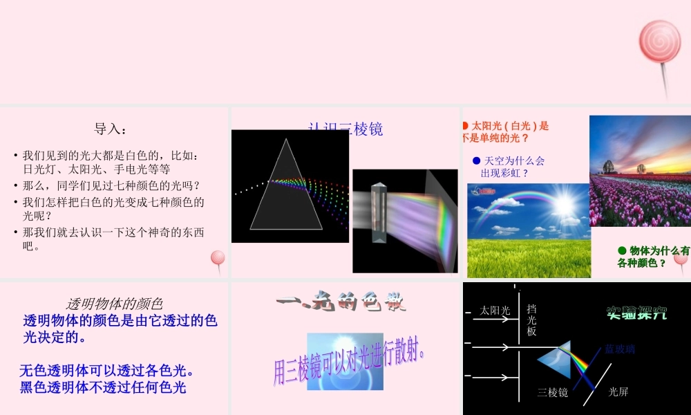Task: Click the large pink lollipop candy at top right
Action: pos(659,40)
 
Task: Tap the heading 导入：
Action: pos(111,129)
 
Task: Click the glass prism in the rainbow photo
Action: pos(377,211)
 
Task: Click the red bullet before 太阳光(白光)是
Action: pos(465,126)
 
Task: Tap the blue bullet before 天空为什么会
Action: pos(476,161)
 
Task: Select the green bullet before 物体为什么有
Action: pos(621,251)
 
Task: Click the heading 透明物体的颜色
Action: pos(114,303)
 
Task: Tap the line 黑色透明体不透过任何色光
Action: pos(104,387)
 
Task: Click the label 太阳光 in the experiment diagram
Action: pos(495,311)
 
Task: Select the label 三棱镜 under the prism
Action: pos(553,392)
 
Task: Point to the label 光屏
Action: pos(618,392)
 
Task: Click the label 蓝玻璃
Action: pos(620,349)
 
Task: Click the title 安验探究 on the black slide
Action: pos(636,312)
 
